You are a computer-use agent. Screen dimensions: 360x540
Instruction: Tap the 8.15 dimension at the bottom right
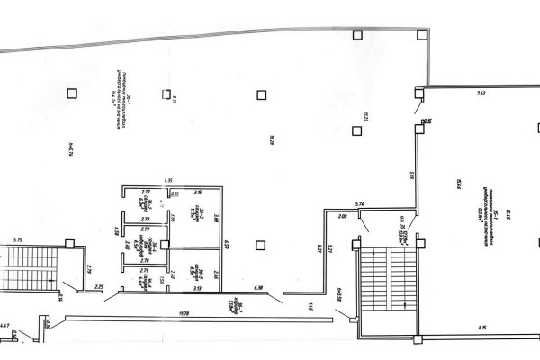coord(481,327)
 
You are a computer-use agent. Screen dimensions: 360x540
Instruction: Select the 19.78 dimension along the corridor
coord(184,311)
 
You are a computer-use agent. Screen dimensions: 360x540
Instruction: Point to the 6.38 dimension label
coord(259,287)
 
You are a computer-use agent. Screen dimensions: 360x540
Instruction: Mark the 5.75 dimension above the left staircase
coord(18,240)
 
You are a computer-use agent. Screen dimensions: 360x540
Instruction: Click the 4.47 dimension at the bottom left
coord(5,325)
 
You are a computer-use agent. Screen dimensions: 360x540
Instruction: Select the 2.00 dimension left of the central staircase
coord(343,217)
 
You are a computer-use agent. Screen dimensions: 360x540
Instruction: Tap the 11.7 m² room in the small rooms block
coord(194,214)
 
